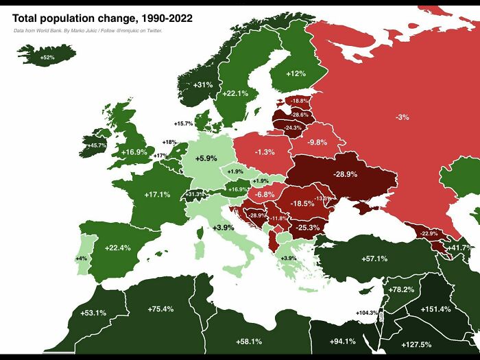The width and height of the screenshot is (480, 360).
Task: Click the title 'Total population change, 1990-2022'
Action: [101, 18]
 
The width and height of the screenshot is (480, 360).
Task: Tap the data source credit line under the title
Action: [88, 31]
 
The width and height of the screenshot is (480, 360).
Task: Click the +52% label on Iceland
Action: [47, 58]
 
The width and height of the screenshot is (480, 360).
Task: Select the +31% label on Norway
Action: [203, 84]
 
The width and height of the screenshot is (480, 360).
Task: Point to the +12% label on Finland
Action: [296, 73]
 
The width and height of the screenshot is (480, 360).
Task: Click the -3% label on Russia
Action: [402, 117]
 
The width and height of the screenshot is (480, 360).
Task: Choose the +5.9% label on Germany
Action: [206, 158]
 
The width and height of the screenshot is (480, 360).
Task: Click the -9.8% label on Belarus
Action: [317, 142]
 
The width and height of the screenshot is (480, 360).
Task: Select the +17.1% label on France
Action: [157, 195]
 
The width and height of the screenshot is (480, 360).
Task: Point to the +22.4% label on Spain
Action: [117, 248]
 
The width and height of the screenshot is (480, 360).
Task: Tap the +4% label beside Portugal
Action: [82, 259]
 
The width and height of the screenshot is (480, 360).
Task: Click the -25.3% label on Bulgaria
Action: [308, 227]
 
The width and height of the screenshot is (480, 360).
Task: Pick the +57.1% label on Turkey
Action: [374, 259]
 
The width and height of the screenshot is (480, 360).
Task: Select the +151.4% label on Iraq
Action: [435, 309]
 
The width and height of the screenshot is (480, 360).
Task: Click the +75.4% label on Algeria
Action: [160, 309]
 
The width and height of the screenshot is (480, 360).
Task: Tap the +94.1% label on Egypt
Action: [343, 341]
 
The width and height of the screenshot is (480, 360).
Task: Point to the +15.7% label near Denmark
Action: [183, 123]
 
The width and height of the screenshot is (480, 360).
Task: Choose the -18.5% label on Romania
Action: [302, 204]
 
